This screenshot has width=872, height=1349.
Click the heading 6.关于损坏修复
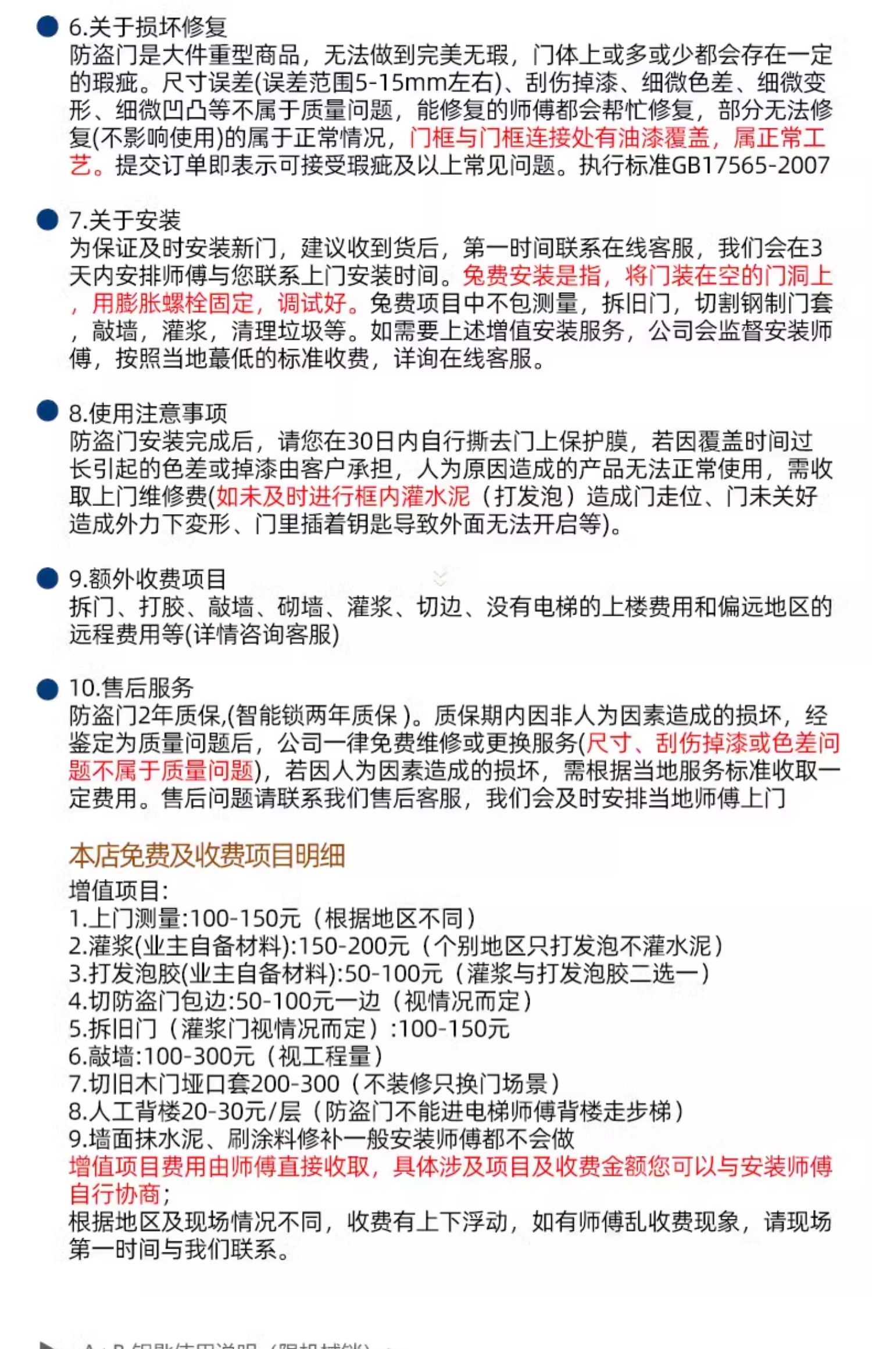tap(148, 27)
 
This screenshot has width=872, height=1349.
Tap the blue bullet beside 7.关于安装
tap(47, 220)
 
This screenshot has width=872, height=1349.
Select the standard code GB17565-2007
tap(751, 166)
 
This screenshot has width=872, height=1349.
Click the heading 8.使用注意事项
tap(148, 414)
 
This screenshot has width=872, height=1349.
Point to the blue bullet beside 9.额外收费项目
tap(47, 579)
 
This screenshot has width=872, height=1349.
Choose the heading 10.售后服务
tap(131, 688)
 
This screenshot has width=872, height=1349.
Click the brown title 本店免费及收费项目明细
tap(207, 856)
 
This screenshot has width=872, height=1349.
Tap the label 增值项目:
tap(119, 891)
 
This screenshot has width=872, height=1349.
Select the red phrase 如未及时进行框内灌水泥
tap(343, 497)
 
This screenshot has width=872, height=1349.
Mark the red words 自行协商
tap(115, 1194)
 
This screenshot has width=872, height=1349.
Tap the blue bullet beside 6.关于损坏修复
tap(47, 27)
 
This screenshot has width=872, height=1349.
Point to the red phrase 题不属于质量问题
tap(161, 771)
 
